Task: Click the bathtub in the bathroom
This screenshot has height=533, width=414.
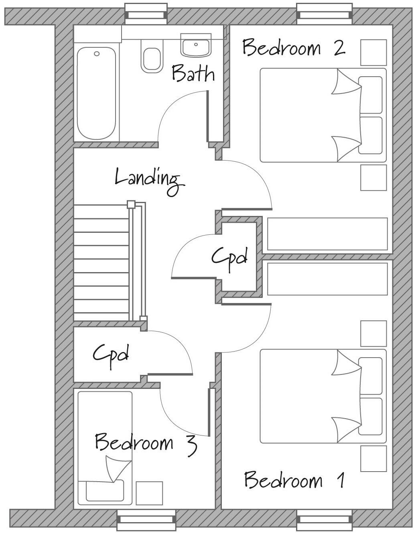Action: pos(97,94)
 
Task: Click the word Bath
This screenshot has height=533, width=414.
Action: pos(193,74)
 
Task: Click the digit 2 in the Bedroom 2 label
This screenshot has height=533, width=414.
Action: pos(339,47)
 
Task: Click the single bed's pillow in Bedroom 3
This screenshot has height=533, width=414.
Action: pos(105,490)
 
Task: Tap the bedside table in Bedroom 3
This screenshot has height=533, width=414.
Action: pos(149,493)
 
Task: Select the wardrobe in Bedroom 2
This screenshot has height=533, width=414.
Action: pos(327,234)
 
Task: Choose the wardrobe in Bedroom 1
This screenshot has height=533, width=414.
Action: pos(327,279)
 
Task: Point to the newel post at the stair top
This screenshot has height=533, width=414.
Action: pos(131,204)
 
